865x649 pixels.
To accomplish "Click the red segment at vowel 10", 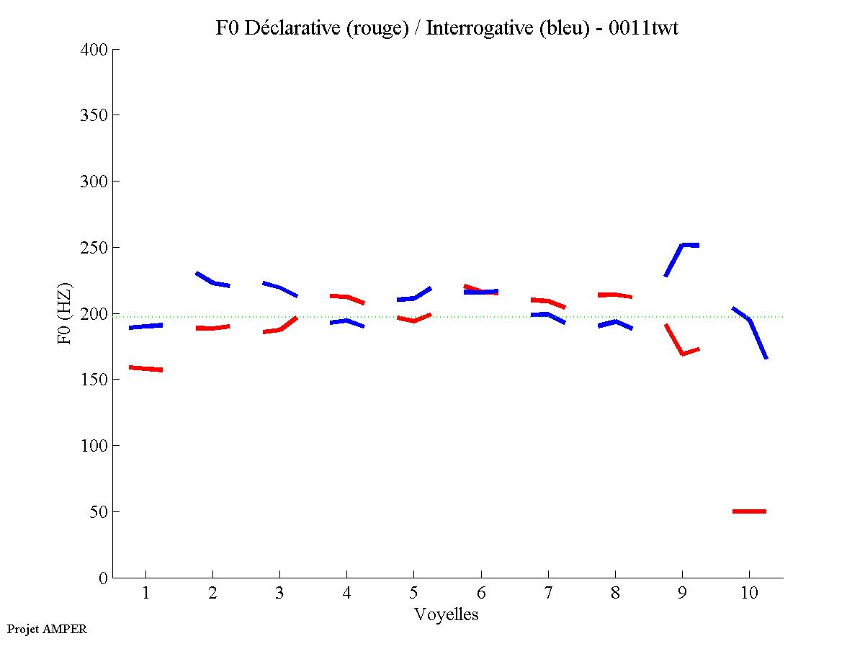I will point(749,511).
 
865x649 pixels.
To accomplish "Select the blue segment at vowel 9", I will point(681,246).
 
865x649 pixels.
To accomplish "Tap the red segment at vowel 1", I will point(145,369).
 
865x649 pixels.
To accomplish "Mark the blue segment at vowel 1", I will point(145,326).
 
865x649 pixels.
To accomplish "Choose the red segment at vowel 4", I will point(346,297).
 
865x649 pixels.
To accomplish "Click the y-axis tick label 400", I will point(95,50).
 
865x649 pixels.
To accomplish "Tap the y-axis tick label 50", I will point(99,512).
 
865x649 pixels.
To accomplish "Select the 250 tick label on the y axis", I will point(95,248).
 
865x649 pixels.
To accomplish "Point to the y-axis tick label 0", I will point(104,578).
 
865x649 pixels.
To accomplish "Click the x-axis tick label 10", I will point(749,594).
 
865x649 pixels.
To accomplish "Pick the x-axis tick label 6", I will point(481,594).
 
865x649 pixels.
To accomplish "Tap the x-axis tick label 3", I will point(279,594).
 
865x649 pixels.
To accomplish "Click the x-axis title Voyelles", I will point(447,614).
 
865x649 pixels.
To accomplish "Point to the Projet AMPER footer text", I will point(47,629).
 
